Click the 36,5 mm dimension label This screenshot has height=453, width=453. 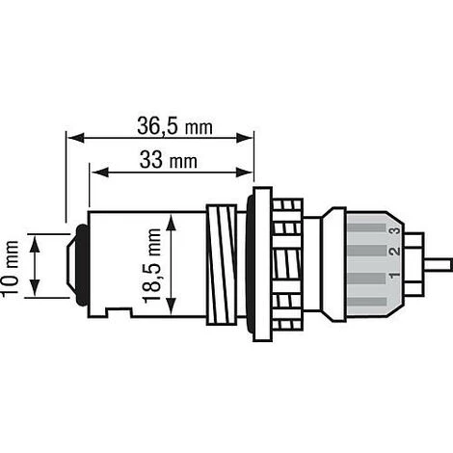tap(174, 126)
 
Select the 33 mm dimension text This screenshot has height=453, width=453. tap(169, 160)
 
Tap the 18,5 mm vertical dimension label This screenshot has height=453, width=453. tap(152, 265)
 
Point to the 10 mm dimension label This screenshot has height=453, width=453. tap(10, 269)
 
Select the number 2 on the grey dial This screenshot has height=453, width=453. tap(395, 252)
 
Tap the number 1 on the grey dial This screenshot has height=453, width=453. tap(395, 276)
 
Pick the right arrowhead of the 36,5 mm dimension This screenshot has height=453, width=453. tap(244, 138)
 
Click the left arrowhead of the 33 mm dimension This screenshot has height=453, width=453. tap(99, 173)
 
